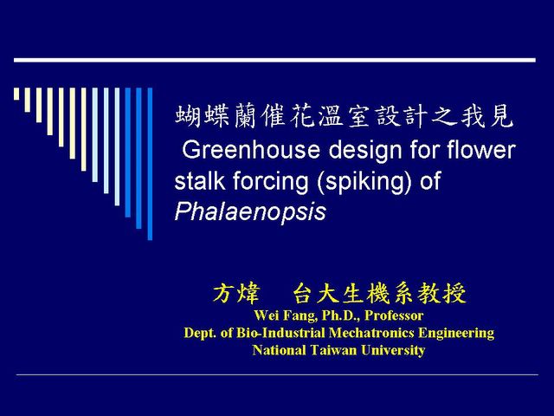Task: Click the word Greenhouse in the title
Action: pos(251,150)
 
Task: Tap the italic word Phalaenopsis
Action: pos(250,211)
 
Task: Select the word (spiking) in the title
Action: pos(364,182)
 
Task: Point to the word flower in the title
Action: pos(481,149)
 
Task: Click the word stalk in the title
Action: pos(200,180)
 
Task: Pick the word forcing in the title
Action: pos(270,182)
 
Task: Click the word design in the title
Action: pos(365,150)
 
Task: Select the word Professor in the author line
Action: pos(394,315)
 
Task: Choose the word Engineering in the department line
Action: pos(456,333)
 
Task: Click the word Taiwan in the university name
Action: pos(334,350)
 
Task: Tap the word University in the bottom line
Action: pos(393,350)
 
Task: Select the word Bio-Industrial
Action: pos(280,333)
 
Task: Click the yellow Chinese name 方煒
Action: pos(236,293)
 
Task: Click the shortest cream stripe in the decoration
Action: pos(16,94)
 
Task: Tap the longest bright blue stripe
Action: pos(150,164)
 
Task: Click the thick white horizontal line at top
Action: pos(274,60)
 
